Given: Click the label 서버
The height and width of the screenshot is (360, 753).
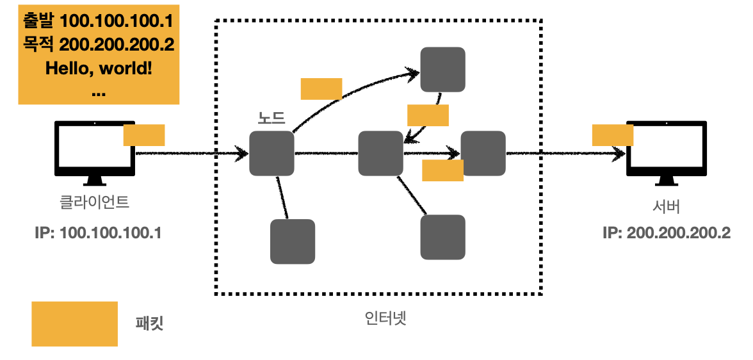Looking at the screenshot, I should pyautogui.click(x=666, y=207).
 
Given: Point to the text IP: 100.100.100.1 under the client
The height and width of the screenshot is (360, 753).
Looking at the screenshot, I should pyautogui.click(x=98, y=233).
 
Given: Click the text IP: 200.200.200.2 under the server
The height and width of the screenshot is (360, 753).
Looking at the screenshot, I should pyautogui.click(x=666, y=233).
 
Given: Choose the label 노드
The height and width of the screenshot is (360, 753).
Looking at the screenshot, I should pyautogui.click(x=271, y=118).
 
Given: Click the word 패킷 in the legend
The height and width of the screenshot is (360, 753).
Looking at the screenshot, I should pyautogui.click(x=150, y=323).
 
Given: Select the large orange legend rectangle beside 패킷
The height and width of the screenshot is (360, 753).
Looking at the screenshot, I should pyautogui.click(x=75, y=323).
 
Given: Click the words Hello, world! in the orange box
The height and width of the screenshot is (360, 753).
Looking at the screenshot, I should pyautogui.click(x=99, y=67).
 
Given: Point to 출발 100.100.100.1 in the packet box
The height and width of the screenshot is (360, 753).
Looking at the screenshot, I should pyautogui.click(x=99, y=21).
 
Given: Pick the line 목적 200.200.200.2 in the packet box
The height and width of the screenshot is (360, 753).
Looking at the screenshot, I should pyautogui.click(x=99, y=44).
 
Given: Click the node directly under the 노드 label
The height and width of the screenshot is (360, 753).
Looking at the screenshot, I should pyautogui.click(x=271, y=153).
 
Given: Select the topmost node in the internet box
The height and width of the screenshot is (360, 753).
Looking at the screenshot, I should pyautogui.click(x=442, y=69).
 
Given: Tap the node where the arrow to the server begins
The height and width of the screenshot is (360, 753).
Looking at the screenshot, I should pyautogui.click(x=484, y=153).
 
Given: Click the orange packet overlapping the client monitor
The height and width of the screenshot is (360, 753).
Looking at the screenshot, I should pyautogui.click(x=144, y=135).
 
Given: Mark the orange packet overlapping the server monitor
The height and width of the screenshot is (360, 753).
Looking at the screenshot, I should pyautogui.click(x=613, y=135).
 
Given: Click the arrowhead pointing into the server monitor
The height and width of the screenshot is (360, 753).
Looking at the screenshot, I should pyautogui.click(x=620, y=154).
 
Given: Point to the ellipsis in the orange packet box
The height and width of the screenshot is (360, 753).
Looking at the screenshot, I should pyautogui.click(x=99, y=92).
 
